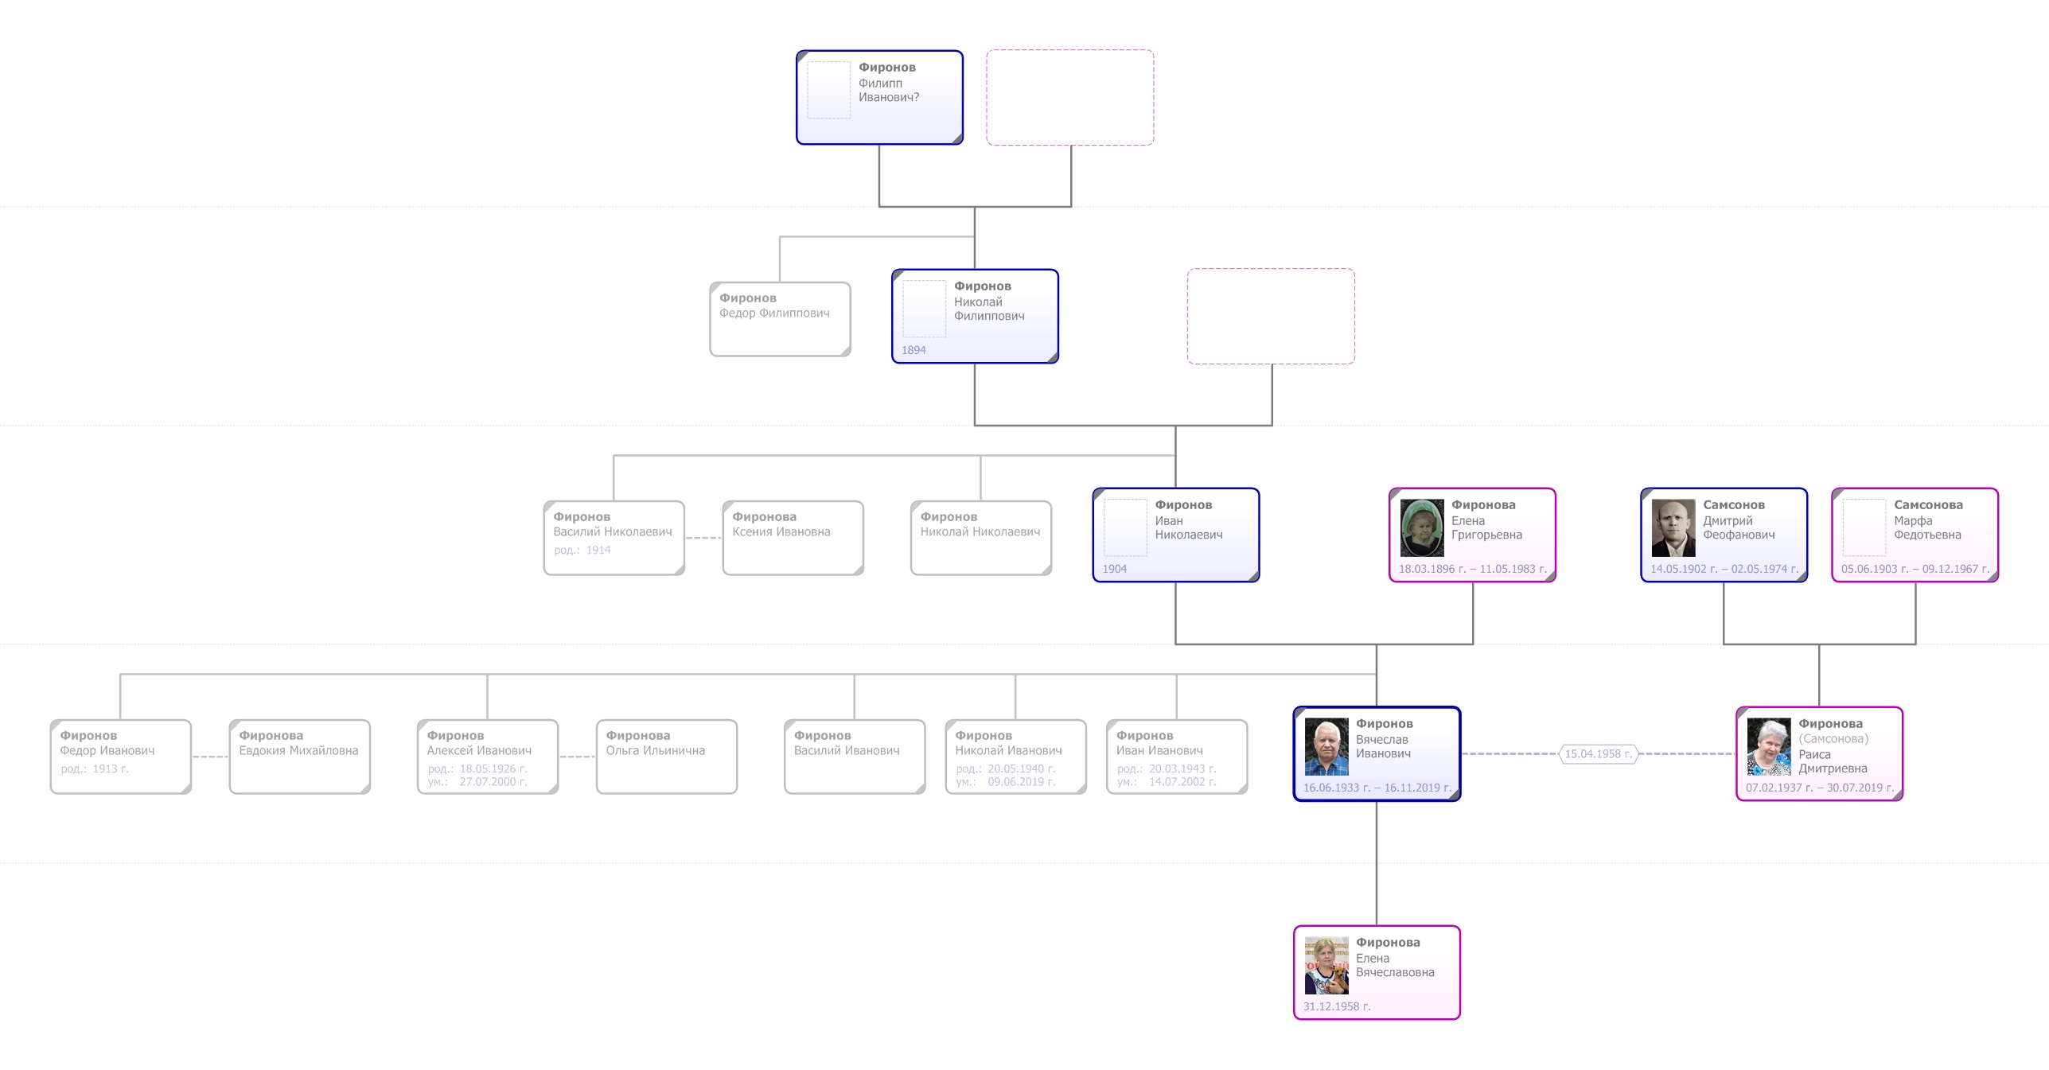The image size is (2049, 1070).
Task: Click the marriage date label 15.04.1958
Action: click(1598, 754)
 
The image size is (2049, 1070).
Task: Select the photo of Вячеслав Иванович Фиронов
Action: click(1326, 747)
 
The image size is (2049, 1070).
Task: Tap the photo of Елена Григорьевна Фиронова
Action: click(1422, 528)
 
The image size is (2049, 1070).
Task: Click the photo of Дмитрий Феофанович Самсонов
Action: click(1673, 528)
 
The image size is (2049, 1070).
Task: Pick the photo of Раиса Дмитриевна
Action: click(1769, 747)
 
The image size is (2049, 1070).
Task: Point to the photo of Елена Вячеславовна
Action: click(1326, 966)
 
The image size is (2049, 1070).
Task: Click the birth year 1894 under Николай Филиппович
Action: click(913, 350)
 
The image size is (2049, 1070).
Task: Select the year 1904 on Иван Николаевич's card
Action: click(1114, 569)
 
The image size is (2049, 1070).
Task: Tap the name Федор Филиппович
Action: click(774, 313)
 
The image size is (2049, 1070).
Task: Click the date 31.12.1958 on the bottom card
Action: click(1336, 1006)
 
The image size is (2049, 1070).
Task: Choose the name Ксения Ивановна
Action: click(781, 532)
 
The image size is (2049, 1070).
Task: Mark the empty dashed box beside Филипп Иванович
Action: click(1070, 98)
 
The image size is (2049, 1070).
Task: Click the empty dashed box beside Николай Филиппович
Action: click(1271, 317)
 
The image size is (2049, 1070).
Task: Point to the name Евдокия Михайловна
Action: click(298, 751)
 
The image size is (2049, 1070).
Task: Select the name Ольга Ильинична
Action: click(655, 751)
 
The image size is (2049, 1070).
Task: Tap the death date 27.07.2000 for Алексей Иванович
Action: click(493, 782)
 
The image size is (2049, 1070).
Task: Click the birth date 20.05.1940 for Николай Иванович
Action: click(1021, 769)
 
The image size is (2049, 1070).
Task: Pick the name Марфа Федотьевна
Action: click(1926, 527)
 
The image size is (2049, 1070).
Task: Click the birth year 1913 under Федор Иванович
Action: click(110, 769)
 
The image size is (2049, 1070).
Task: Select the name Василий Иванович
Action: click(846, 751)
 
